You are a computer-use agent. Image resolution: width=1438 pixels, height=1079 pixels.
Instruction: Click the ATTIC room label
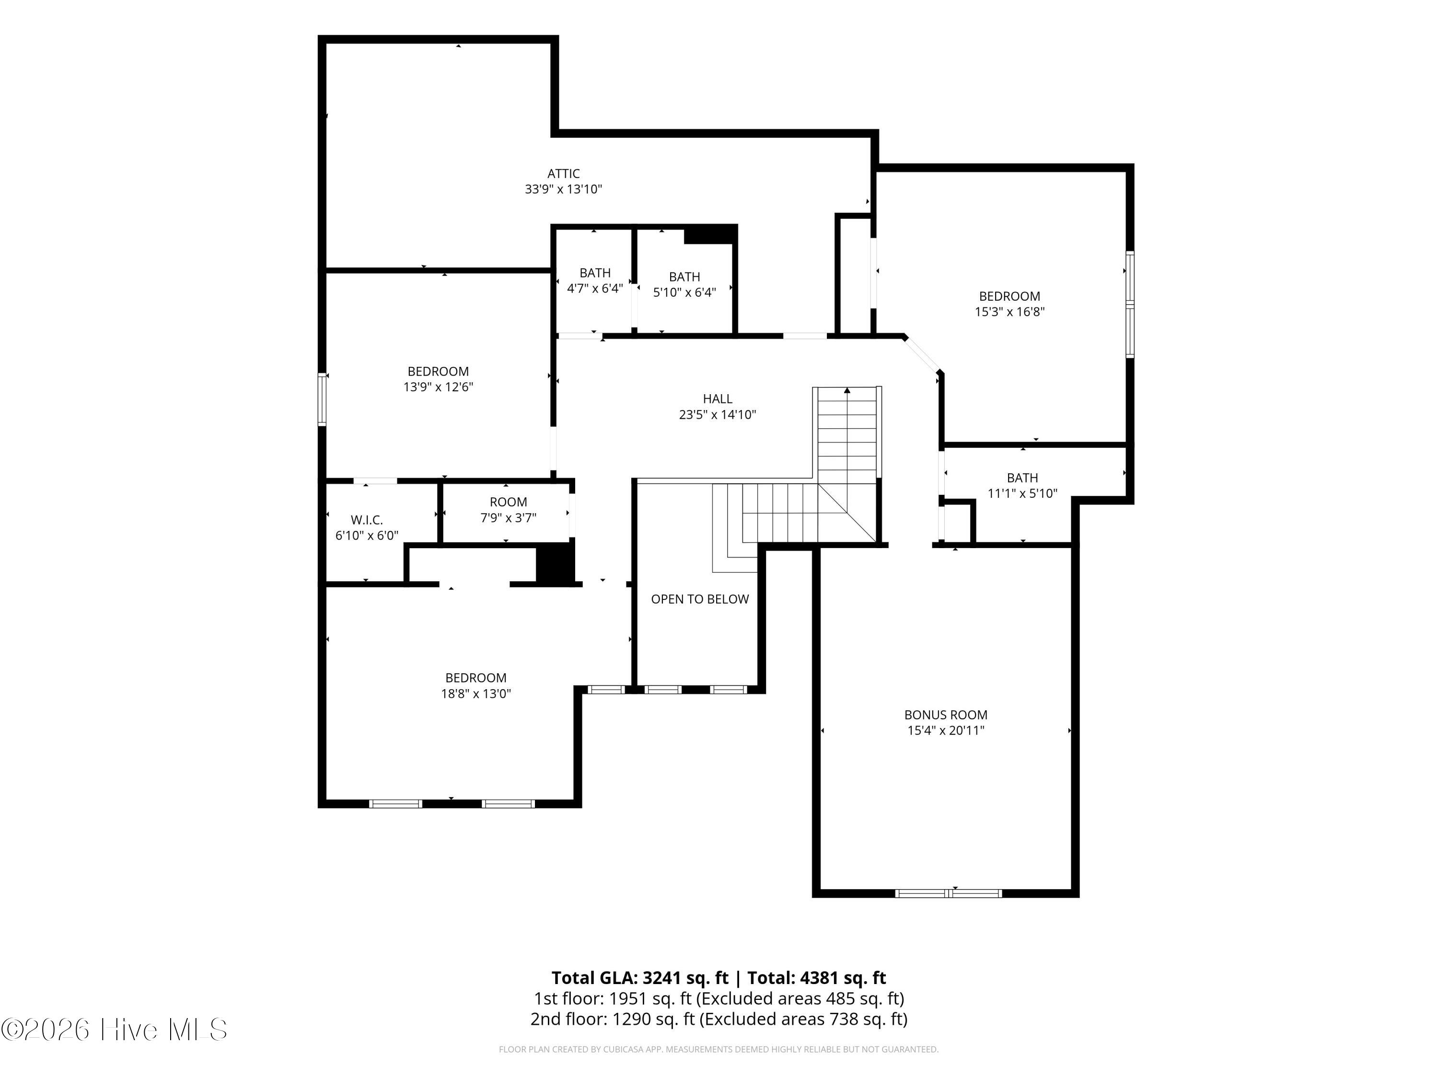click(x=564, y=174)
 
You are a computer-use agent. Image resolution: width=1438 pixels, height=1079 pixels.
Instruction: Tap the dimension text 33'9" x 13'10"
click(x=564, y=189)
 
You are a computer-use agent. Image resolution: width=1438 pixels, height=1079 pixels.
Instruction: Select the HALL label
click(x=718, y=399)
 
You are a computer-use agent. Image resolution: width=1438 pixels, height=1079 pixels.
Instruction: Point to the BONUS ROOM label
click(x=946, y=715)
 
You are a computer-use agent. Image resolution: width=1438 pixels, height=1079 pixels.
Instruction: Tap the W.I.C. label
click(x=367, y=520)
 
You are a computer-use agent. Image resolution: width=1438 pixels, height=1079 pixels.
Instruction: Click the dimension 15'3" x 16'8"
click(x=1009, y=312)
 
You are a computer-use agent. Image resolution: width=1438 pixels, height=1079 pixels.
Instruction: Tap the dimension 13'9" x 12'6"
click(x=438, y=387)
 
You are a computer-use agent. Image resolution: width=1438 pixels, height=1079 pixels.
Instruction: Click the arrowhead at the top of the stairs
click(x=847, y=390)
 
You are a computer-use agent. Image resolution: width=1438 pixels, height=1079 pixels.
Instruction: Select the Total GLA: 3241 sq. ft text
click(x=640, y=977)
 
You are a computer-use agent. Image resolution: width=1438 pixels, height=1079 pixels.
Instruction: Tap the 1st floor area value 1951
click(x=627, y=998)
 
